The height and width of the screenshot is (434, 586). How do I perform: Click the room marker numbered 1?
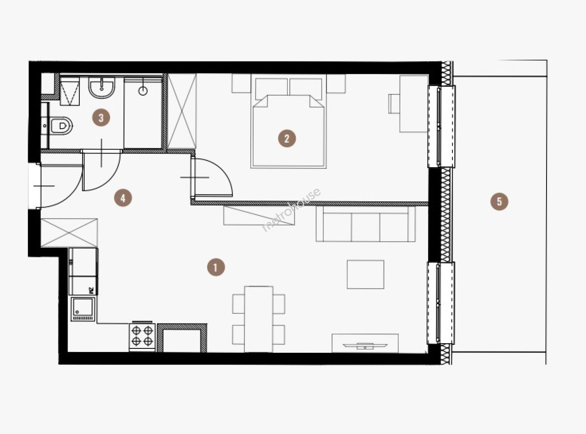(216, 268)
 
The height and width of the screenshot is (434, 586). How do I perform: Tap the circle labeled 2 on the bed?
(287, 138)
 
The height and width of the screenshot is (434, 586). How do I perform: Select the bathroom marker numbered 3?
(101, 117)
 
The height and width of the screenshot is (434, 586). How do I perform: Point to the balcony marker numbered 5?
(499, 202)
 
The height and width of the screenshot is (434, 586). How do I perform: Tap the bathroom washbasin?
(102, 88)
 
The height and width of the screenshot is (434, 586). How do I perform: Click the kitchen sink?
(83, 309)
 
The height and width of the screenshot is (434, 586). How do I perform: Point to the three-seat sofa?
(366, 224)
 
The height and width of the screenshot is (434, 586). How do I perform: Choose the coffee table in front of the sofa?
(365, 274)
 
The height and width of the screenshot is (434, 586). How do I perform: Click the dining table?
(259, 319)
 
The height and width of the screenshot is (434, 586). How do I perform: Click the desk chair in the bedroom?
(394, 104)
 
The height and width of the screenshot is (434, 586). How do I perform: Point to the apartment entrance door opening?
(35, 186)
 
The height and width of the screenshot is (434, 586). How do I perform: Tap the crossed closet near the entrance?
(69, 233)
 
